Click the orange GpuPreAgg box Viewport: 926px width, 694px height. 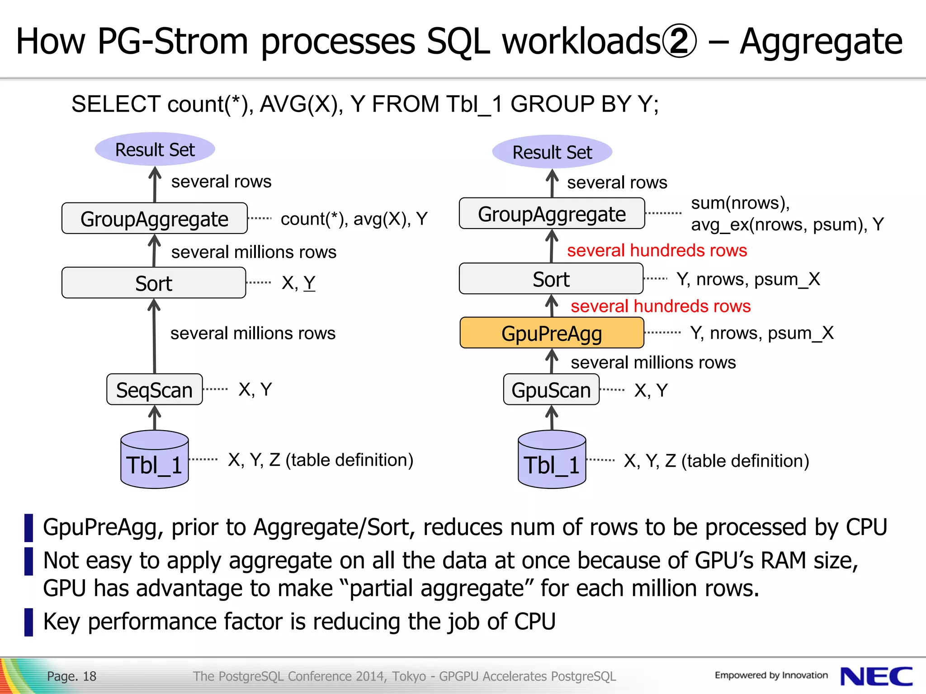point(552,333)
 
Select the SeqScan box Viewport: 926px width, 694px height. point(154,389)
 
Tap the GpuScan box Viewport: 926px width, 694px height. point(551,389)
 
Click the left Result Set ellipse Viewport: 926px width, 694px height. point(155,149)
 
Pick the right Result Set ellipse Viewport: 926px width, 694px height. point(552,152)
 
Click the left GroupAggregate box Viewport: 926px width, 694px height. point(155,219)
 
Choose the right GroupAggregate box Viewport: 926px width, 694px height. point(552,214)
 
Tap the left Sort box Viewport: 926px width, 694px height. point(154,283)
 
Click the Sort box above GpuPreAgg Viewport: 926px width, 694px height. point(551,279)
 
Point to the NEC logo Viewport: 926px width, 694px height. point(876,676)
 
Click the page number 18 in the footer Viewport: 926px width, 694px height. point(90,676)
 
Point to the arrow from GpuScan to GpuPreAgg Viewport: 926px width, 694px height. point(552,361)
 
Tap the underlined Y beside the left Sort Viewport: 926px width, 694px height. point(309,283)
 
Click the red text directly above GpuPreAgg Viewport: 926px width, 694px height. point(660,306)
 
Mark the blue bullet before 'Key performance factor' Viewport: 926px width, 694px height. point(28,622)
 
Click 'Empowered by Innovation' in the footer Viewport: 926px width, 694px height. point(771,675)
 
